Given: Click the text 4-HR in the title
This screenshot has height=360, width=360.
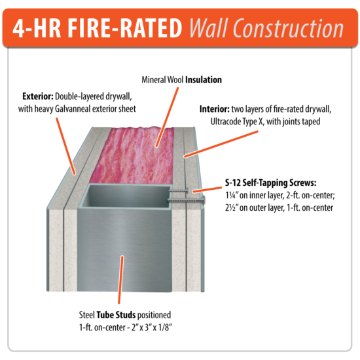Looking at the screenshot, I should click(50, 28).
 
